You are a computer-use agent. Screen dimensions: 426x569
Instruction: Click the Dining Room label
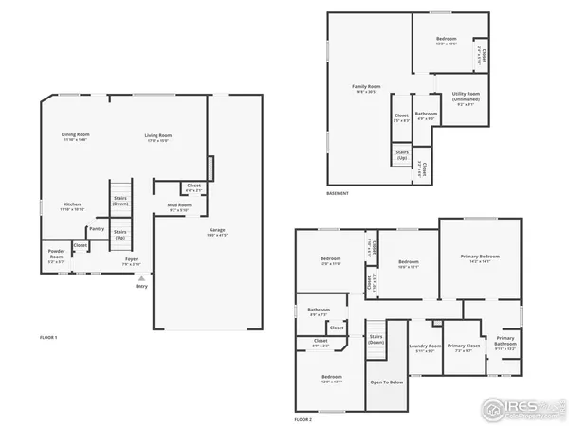click(74, 136)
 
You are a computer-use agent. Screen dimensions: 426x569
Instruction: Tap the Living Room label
click(157, 136)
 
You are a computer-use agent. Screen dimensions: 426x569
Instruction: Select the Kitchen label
click(72, 205)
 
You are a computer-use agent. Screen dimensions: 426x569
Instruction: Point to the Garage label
click(217, 231)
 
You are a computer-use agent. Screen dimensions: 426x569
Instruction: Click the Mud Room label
click(180, 205)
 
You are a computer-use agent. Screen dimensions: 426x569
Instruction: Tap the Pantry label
click(97, 228)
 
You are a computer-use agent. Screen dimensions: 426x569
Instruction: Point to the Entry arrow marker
click(141, 280)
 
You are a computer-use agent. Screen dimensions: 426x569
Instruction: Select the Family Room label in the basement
click(366, 89)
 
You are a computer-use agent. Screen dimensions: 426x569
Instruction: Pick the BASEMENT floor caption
click(338, 193)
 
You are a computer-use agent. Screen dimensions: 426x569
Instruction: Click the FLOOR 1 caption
click(48, 338)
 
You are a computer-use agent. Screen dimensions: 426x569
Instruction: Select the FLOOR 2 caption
click(303, 417)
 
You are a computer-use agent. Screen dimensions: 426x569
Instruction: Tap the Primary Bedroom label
click(481, 257)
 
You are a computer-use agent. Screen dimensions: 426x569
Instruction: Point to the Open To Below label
click(387, 382)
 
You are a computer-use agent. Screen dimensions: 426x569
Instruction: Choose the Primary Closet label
click(463, 347)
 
